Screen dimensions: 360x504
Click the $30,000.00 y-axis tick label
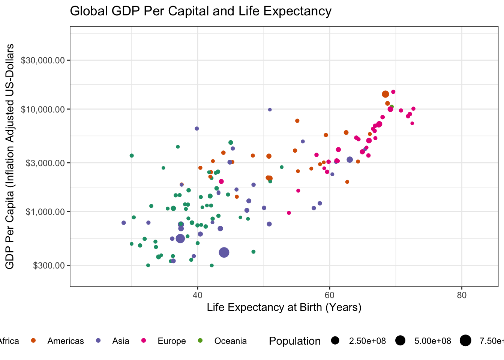[43, 60]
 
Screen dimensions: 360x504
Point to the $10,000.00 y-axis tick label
[43, 109]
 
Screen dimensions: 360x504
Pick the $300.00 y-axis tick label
[49, 265]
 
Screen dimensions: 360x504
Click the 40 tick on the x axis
[198, 295]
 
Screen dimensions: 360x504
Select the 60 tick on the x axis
[330, 295]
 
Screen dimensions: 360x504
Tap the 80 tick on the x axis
[462, 295]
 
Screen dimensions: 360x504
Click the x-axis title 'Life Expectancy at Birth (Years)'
[284, 307]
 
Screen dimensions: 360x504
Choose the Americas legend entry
[65, 341]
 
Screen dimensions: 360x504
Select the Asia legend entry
[120, 341]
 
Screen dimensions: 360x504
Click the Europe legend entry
[171, 341]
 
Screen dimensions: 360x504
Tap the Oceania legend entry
[230, 341]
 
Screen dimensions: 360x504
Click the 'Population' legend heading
[295, 341]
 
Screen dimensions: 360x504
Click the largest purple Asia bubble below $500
[224, 252]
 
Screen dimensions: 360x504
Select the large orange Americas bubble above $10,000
[385, 94]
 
